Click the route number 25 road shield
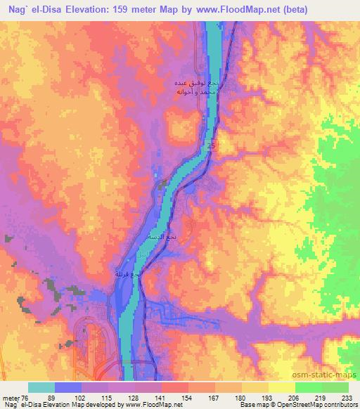tap(212, 145)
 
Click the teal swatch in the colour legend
tap(41, 388)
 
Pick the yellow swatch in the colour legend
tap(281, 388)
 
